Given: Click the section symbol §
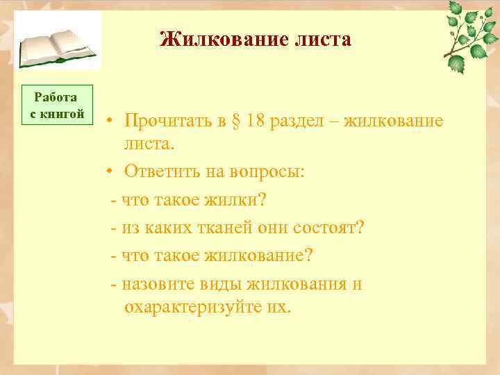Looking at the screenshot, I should [233, 121].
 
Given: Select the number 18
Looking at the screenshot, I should [254, 121].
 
